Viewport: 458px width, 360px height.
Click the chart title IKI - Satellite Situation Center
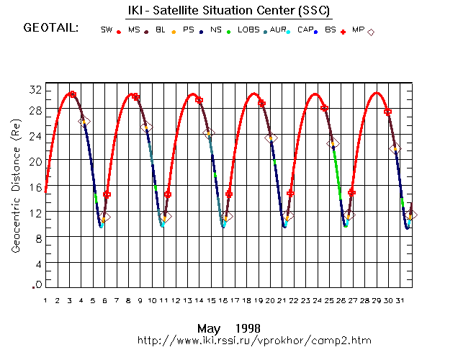(230, 12)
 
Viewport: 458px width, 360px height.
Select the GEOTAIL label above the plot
(50, 29)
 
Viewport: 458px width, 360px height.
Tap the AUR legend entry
(279, 30)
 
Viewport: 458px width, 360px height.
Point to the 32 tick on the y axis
(34, 89)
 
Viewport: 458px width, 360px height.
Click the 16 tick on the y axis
(34, 187)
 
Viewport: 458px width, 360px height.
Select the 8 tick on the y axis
(36, 238)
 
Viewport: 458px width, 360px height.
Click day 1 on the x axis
(45, 300)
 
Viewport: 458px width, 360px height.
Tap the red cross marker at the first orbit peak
(72, 94)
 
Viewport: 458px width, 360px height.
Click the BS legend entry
(331, 30)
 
